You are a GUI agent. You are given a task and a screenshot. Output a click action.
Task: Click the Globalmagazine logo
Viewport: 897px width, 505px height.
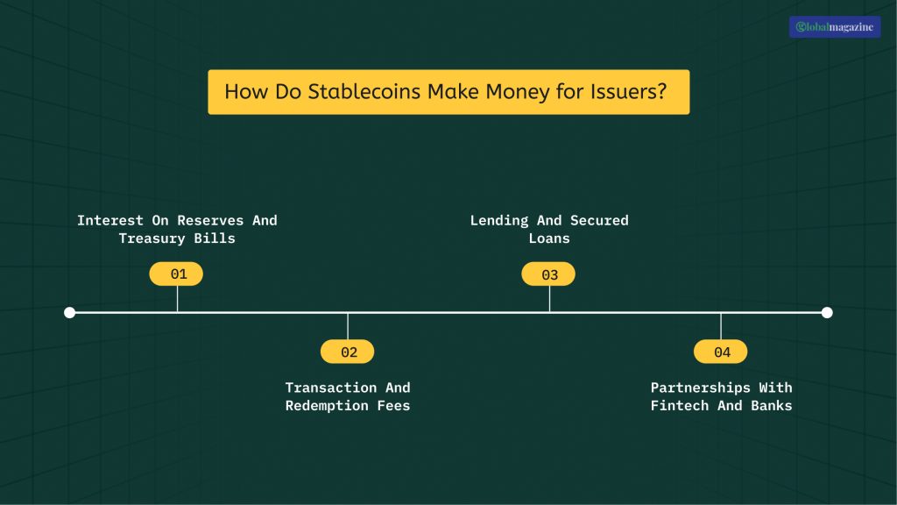(x=834, y=27)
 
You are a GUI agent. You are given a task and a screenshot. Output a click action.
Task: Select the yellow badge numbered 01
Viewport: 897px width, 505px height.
(x=178, y=274)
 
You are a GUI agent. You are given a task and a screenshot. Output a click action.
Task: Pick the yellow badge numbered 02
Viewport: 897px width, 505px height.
(x=348, y=352)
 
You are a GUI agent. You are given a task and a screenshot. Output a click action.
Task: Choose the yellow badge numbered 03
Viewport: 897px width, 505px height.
(x=549, y=274)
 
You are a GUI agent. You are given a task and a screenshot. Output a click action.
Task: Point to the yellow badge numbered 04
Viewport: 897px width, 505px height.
(x=721, y=352)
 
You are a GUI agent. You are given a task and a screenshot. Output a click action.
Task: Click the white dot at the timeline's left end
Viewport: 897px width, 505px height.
(x=70, y=312)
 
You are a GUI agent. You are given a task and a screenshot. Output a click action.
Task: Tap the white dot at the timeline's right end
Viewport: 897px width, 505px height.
(x=827, y=312)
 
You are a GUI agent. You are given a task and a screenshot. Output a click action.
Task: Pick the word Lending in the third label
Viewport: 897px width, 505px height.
(x=499, y=220)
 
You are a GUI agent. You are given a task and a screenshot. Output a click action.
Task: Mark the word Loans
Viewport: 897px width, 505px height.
(x=549, y=238)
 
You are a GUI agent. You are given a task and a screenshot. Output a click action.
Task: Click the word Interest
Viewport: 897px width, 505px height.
(x=110, y=220)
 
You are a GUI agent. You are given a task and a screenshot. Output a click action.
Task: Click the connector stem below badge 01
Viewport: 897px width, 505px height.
(x=178, y=298)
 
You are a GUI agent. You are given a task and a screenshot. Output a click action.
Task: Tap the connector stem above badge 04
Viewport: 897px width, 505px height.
(x=721, y=325)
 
